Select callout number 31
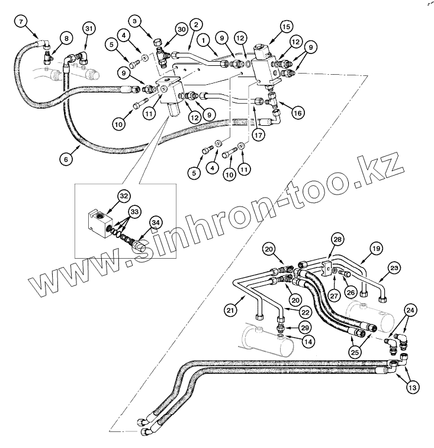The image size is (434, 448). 89,29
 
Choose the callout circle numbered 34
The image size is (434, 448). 155,223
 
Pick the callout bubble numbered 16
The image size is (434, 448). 297,112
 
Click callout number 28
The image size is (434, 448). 337,240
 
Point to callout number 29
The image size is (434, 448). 304,328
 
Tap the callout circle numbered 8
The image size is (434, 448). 66,39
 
